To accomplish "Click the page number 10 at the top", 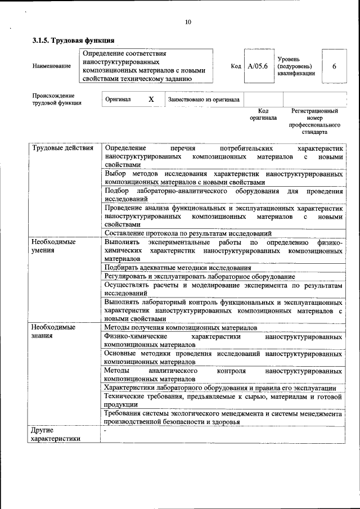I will [188, 22].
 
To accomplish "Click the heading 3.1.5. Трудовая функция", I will [73, 40].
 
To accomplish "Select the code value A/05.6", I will [258, 66].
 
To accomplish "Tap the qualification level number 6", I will [334, 66].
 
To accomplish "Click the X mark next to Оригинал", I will [151, 100].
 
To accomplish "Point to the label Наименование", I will [52, 66].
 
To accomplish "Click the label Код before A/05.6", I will [236, 66].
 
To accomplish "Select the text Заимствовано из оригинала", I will [204, 100].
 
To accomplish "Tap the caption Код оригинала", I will [263, 115].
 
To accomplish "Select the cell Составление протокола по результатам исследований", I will [188, 233].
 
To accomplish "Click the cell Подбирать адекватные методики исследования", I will [178, 268].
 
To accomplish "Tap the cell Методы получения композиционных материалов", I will [181, 327].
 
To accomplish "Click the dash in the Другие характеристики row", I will [106, 430].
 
